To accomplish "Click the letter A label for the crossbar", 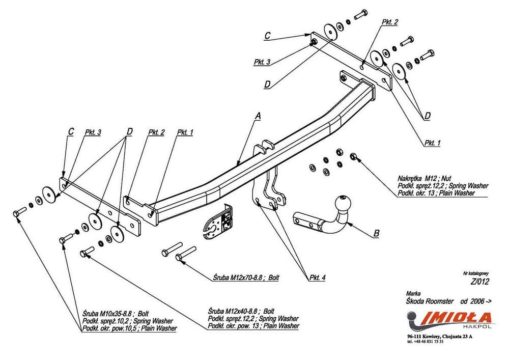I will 258,117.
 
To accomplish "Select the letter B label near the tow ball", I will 376,234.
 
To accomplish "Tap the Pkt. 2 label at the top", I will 389,22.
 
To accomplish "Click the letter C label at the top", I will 267,36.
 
